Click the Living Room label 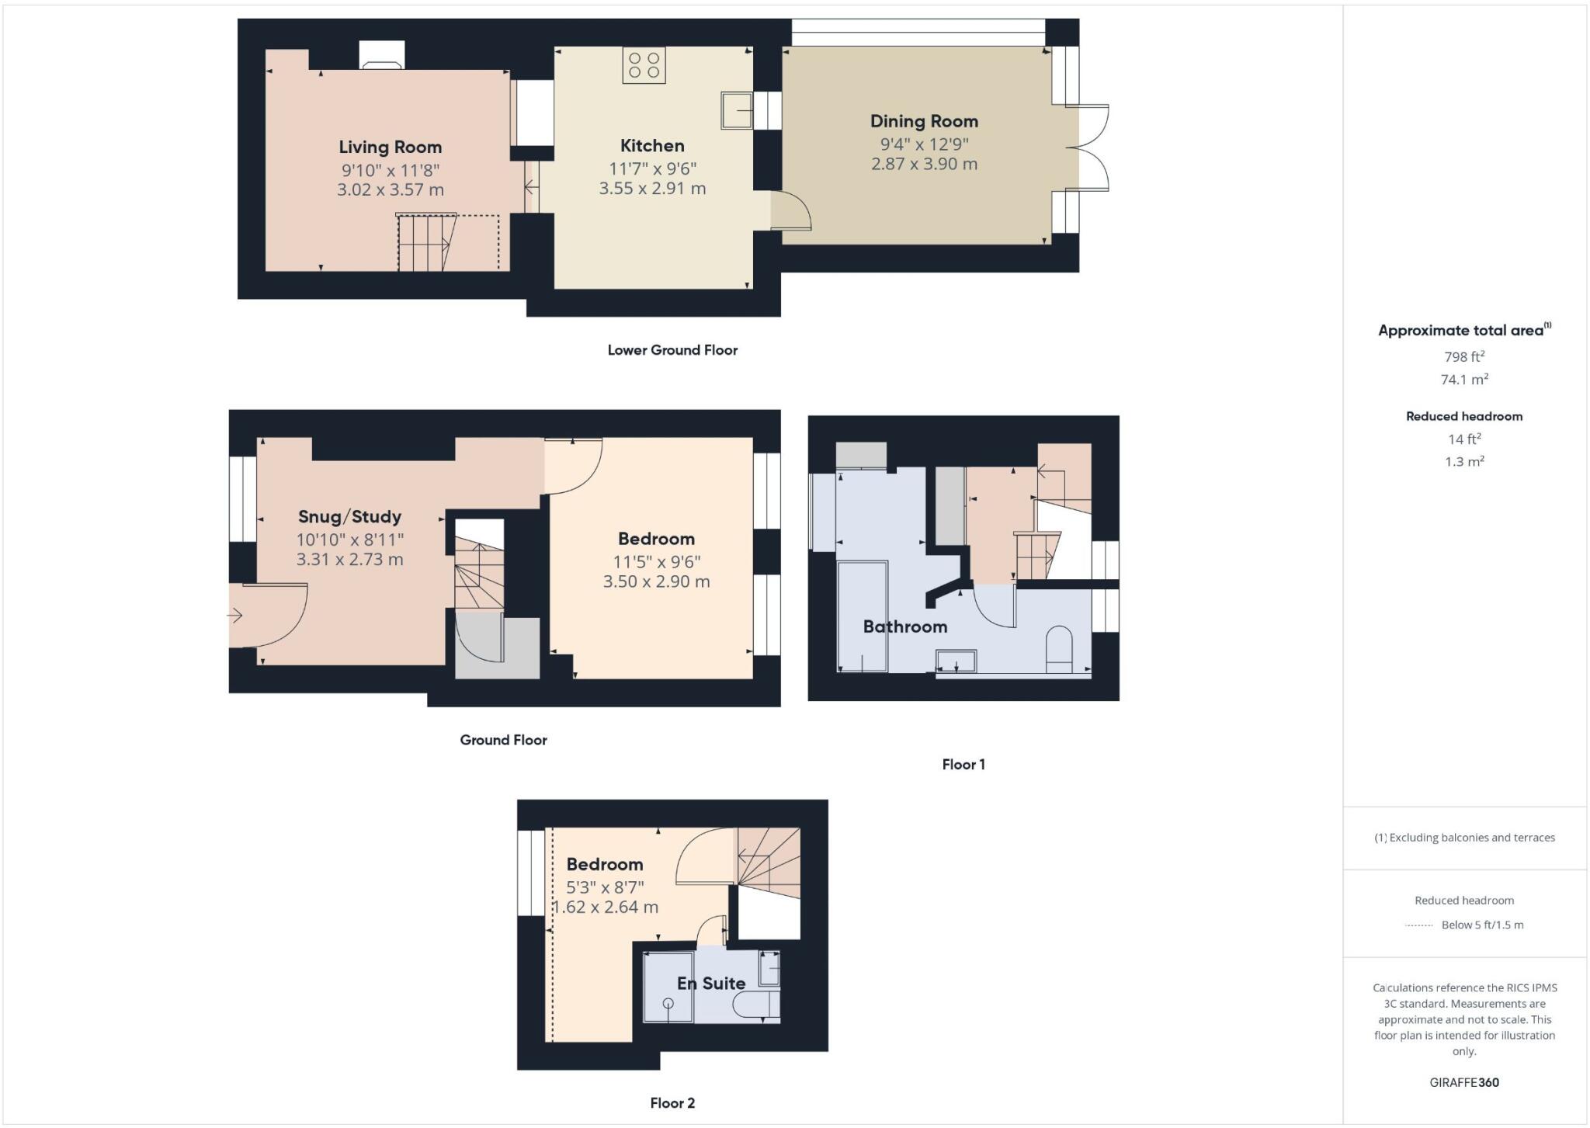point(390,147)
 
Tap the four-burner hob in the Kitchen point(644,65)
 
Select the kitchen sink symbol point(736,109)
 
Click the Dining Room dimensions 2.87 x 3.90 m point(924,164)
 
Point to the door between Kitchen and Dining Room point(790,211)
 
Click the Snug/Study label point(349,517)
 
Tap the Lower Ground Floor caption point(672,350)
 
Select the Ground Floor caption point(503,740)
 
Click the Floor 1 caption point(963,765)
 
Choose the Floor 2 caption point(672,1103)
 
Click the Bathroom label point(905,626)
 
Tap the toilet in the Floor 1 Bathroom point(1059,650)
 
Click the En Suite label point(710,984)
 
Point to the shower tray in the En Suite point(668,987)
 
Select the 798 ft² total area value point(1464,357)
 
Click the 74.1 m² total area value point(1464,380)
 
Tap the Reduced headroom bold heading point(1464,416)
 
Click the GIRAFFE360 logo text point(1464,1082)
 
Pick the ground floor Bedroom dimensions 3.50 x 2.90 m point(656,581)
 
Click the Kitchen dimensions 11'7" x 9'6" point(652,168)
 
